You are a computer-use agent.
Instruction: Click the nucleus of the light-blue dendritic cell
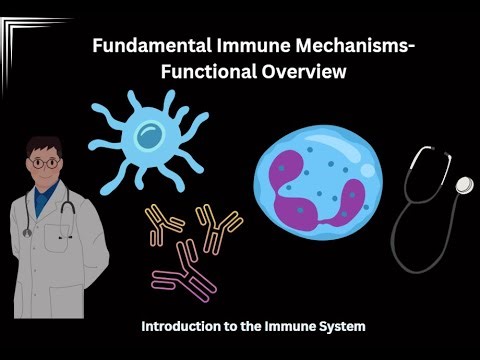click(149, 133)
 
